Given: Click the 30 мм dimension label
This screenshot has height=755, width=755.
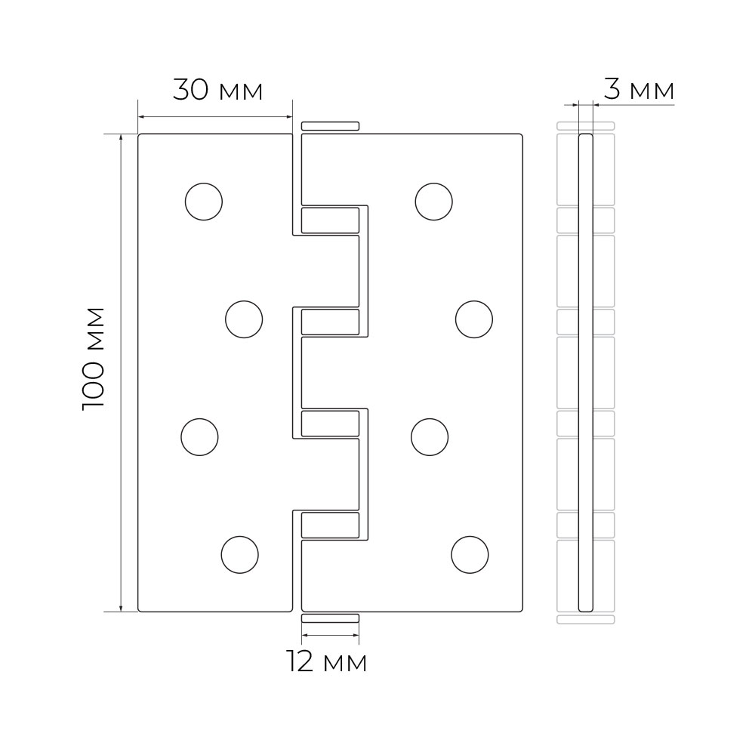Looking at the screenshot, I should (217, 91).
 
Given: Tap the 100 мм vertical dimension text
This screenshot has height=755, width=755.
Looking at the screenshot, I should (94, 358).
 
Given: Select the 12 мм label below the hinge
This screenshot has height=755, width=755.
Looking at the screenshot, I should (327, 663).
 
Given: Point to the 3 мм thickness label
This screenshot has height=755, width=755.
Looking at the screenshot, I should (639, 91).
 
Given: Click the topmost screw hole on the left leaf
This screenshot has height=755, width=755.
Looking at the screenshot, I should (204, 202).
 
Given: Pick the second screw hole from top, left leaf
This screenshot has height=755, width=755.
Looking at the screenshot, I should (244, 319).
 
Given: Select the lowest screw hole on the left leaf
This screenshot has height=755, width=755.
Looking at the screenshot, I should (240, 555).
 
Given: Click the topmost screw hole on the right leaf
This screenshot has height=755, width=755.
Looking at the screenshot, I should (434, 202).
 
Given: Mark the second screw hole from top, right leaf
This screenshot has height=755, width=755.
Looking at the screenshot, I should (474, 319).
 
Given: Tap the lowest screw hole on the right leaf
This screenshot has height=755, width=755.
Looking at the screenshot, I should (470, 555).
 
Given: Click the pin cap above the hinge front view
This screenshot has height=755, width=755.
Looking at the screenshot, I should (330, 125).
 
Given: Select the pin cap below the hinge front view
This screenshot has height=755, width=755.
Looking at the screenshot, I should (330, 618).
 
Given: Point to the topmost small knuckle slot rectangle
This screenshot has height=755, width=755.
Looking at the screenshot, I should (330, 220).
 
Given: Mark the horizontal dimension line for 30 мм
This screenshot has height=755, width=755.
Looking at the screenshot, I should (214, 116).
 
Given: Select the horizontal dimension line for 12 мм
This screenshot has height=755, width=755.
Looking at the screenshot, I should (330, 635).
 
